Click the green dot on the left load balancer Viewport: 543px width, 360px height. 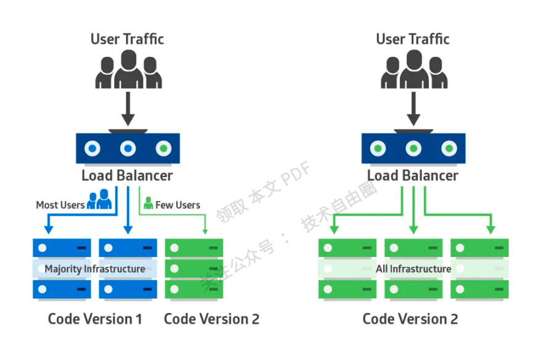pos(164,149)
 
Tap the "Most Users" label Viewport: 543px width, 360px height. pos(60,205)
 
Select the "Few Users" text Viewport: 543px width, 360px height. pos(178,205)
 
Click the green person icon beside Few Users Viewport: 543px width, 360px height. pos(148,203)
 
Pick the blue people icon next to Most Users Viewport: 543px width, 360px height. pos(99,201)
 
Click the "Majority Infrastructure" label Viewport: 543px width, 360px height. pos(95,269)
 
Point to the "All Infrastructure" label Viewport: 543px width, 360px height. pos(413,269)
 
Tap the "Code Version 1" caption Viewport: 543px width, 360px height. pos(95,319)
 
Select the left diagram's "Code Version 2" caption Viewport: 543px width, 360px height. pos(212,319)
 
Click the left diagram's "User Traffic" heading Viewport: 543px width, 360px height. pos(127,39)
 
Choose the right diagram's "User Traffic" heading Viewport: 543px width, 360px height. pos(413,39)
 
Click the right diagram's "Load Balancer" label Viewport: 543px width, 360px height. pos(413,175)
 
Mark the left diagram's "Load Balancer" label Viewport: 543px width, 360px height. pos(127,175)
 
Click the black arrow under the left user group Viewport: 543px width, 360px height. pos(128,109)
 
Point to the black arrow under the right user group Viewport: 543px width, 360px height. pos(413,109)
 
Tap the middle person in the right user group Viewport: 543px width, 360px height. pos(413,68)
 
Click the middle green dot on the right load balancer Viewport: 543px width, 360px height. pos(413,149)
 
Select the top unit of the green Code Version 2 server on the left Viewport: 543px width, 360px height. pos(194,248)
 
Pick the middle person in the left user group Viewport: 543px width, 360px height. pos(128,68)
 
